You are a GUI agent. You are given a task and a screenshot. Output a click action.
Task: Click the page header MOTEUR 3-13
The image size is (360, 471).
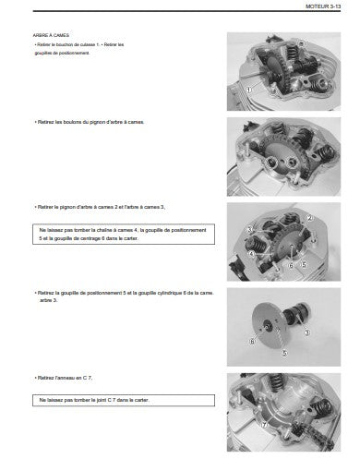[x=323, y=6]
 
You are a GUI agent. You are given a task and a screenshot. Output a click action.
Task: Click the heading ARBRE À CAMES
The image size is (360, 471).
[x=51, y=35]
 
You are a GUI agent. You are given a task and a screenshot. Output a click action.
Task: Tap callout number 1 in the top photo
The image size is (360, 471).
[x=248, y=90]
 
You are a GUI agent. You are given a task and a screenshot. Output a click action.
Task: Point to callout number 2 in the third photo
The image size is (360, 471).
[x=309, y=218]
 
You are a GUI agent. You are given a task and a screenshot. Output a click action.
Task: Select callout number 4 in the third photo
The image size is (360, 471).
[x=252, y=254]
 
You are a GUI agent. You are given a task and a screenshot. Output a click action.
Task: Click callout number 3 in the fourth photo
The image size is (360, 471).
[x=306, y=332]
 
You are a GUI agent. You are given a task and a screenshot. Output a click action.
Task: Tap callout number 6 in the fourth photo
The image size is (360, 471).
[x=252, y=342]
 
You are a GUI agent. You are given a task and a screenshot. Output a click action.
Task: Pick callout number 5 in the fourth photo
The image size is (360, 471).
[x=285, y=353]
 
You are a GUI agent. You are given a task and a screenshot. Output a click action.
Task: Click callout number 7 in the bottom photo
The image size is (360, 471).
[x=264, y=425]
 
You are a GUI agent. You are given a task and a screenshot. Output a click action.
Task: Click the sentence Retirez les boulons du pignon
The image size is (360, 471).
[x=90, y=122]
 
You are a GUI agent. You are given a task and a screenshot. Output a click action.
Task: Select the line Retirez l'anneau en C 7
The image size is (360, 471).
[x=64, y=378]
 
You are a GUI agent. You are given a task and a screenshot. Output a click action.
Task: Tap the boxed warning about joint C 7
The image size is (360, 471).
[x=124, y=401]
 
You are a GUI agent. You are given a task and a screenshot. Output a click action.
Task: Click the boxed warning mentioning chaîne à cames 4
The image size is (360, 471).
[x=124, y=235]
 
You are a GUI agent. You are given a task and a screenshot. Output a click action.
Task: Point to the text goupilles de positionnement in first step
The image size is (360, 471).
[x=62, y=53]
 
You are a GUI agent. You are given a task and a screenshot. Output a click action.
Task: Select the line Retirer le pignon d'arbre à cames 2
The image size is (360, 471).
[x=100, y=207]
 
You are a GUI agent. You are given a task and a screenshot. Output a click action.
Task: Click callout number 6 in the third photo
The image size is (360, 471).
[x=291, y=265]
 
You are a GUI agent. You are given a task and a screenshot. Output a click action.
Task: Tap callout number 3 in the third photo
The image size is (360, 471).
[x=250, y=230]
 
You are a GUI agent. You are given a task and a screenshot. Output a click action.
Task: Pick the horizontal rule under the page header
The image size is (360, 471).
[x=186, y=11]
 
